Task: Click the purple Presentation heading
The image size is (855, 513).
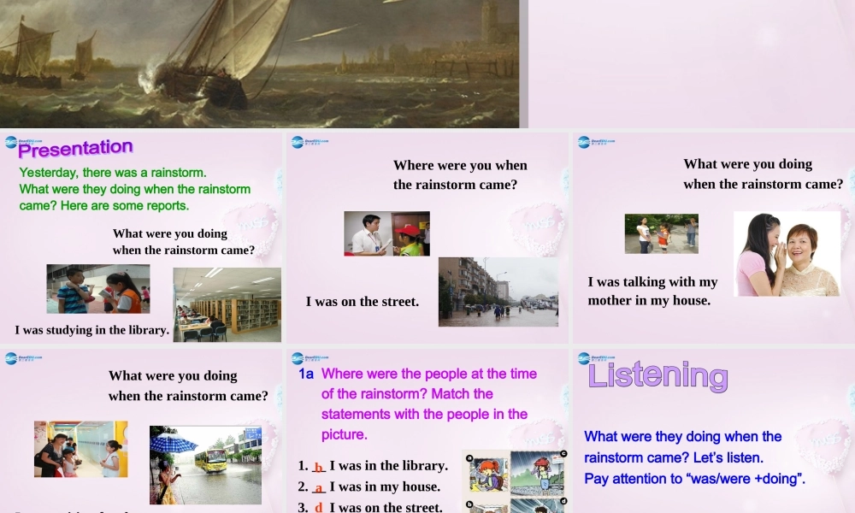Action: coord(75,149)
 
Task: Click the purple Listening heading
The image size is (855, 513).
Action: coord(657,375)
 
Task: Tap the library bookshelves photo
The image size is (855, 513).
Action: coord(227,304)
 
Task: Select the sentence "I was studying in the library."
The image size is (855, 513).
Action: coord(91,330)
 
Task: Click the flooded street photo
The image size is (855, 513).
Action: coord(498,292)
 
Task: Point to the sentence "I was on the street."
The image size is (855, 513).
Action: coord(363,301)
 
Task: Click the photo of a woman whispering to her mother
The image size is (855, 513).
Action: coord(787,254)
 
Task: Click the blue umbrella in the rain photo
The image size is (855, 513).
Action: coord(174,442)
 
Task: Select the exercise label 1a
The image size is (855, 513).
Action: coord(306,374)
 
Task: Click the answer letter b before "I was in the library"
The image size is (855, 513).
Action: coord(318,467)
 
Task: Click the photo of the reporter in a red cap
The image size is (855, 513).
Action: coord(386,233)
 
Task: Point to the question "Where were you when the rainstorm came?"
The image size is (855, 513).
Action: coord(460,174)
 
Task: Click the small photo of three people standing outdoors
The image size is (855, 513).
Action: coord(661,233)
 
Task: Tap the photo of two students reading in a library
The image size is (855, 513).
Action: coord(97,289)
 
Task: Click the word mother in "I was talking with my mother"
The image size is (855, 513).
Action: coord(608,300)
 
